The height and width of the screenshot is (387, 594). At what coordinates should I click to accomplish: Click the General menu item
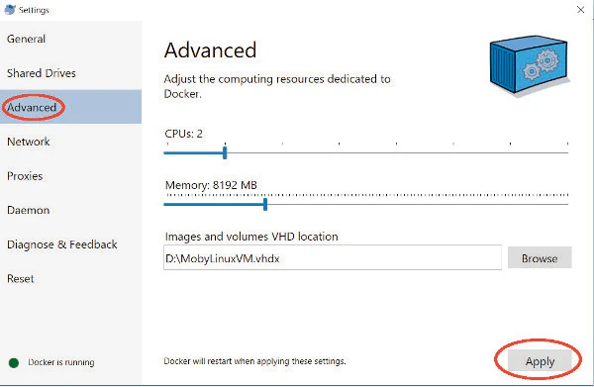click(27, 39)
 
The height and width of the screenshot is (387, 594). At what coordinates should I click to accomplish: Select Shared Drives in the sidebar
click(42, 73)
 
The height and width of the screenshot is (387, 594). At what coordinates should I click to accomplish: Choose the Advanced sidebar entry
click(32, 107)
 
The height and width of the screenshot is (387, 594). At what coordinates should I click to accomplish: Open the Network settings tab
click(29, 142)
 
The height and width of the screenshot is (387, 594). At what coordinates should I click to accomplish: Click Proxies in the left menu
click(25, 176)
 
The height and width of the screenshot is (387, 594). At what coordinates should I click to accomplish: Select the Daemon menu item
click(28, 210)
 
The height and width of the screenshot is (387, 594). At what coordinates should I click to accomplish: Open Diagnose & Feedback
click(61, 244)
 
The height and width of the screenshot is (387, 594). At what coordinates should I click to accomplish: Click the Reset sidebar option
click(21, 279)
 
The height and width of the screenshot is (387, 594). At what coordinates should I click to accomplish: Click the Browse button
click(540, 258)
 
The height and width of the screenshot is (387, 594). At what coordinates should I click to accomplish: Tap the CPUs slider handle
click(225, 152)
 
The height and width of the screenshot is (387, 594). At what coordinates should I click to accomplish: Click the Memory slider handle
click(265, 205)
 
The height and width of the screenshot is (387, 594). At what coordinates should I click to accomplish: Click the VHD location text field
click(333, 258)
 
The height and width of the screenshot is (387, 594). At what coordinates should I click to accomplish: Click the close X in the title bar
click(576, 9)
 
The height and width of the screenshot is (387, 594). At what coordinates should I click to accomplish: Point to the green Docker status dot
click(14, 362)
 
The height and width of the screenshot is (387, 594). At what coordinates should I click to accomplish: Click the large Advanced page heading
click(210, 50)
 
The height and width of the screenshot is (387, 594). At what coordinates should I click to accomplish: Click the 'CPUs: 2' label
click(184, 133)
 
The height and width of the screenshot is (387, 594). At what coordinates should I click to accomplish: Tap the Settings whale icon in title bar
click(10, 10)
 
